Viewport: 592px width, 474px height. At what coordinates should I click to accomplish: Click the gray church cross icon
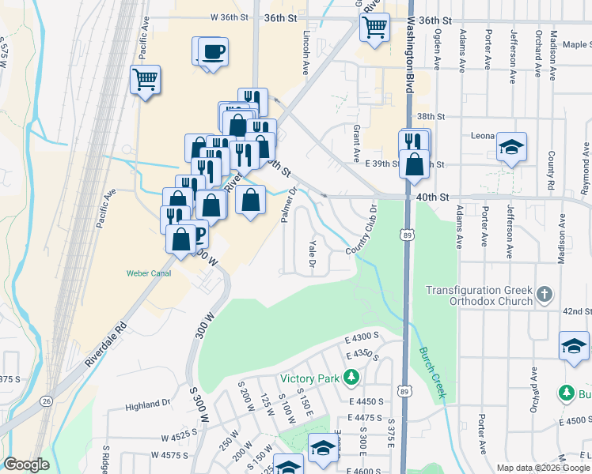point(544,295)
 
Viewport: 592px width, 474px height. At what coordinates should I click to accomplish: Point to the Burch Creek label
point(432,362)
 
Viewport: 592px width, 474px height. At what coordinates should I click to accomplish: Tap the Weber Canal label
point(148,274)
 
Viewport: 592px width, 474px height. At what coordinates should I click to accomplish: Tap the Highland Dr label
point(147,403)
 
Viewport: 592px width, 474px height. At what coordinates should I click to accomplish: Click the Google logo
point(27,465)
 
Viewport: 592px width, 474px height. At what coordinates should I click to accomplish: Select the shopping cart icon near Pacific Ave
point(146,80)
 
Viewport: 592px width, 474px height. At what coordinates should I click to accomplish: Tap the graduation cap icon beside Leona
point(512,147)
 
